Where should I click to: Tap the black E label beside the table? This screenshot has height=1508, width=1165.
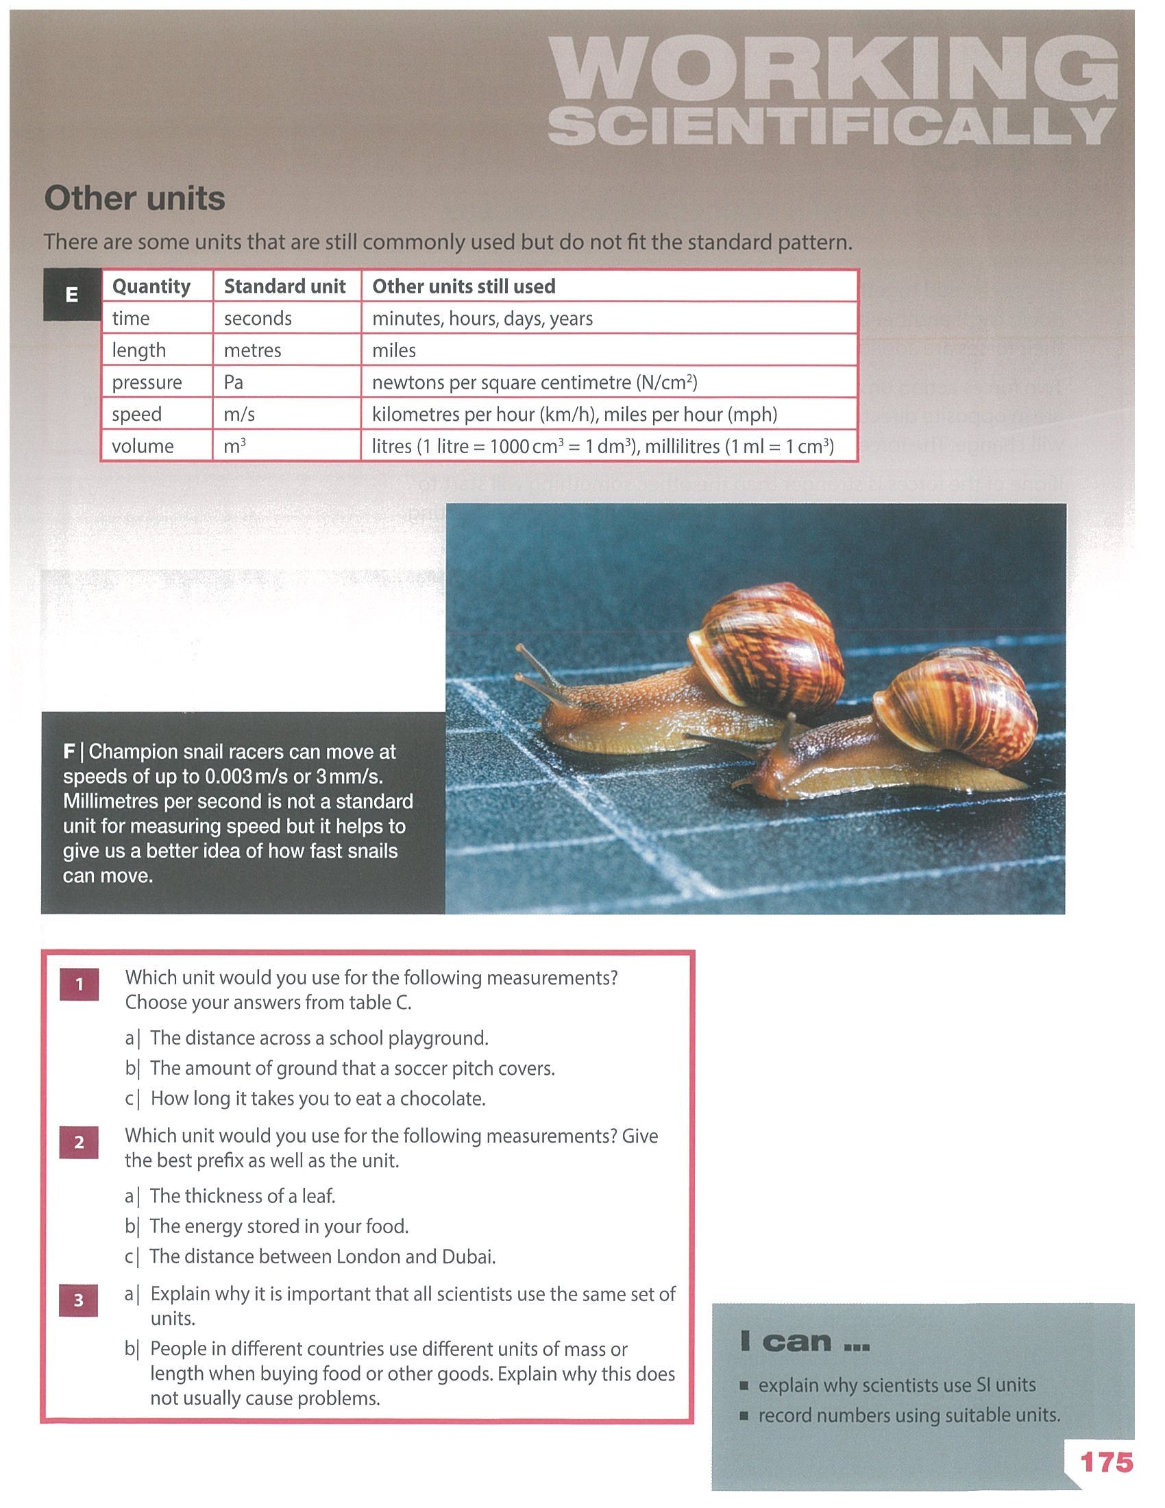pos(72,295)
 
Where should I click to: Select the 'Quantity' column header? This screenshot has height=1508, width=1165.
pos(151,287)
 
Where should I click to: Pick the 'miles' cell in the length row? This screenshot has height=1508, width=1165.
pos(393,350)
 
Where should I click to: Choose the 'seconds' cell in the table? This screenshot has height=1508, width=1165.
pos(258,318)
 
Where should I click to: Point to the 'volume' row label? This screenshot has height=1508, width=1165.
pos(142,446)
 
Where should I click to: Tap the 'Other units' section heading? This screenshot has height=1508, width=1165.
pos(134,198)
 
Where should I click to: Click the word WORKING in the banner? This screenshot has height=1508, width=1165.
pos(834,69)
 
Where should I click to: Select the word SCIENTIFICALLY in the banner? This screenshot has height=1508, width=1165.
pos(832,126)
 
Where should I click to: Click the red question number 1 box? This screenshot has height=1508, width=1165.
pos(79,984)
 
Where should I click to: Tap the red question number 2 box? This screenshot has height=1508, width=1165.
pos(79,1142)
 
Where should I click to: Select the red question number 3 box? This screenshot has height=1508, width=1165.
pos(79,1300)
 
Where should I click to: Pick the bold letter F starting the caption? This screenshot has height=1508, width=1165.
pos(69,751)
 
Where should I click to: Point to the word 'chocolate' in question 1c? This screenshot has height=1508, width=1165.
pos(443,1099)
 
